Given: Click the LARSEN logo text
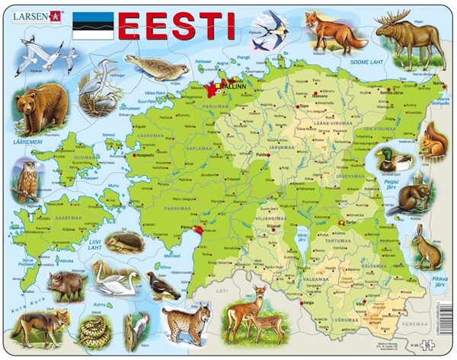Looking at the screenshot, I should click(27, 14).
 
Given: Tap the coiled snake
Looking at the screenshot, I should click(95, 330).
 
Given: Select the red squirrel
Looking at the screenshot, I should click(433, 141).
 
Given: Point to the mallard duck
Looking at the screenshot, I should click(395, 159).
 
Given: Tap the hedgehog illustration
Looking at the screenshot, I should click(123, 243).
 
